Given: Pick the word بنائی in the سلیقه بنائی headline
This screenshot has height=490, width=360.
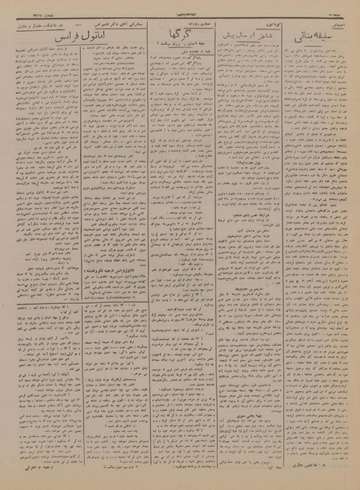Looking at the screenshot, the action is click(x=304, y=38).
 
